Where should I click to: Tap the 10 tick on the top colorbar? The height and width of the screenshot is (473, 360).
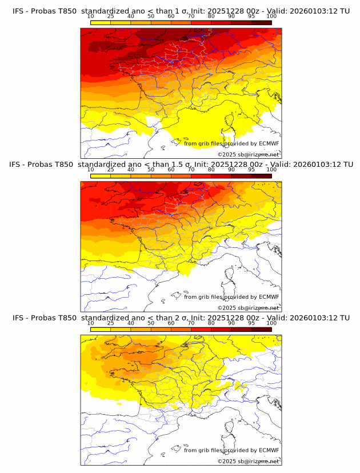tap(91, 17)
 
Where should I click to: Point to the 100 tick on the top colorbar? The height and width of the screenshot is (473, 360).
tap(271, 17)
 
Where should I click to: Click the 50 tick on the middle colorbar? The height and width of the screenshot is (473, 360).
tap(151, 170)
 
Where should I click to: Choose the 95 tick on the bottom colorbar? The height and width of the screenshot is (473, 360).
tap(251, 323)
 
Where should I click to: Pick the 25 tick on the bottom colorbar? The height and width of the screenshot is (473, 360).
tap(111, 323)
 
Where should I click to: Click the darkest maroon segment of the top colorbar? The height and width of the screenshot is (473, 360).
tap(261, 22)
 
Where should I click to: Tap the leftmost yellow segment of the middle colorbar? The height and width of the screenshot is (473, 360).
tap(101, 175)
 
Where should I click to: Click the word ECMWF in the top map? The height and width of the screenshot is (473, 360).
tap(269, 143)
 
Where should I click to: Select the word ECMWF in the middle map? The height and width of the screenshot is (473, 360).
tap(269, 296)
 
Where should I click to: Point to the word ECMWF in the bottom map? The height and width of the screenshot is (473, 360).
tap(269, 450)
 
